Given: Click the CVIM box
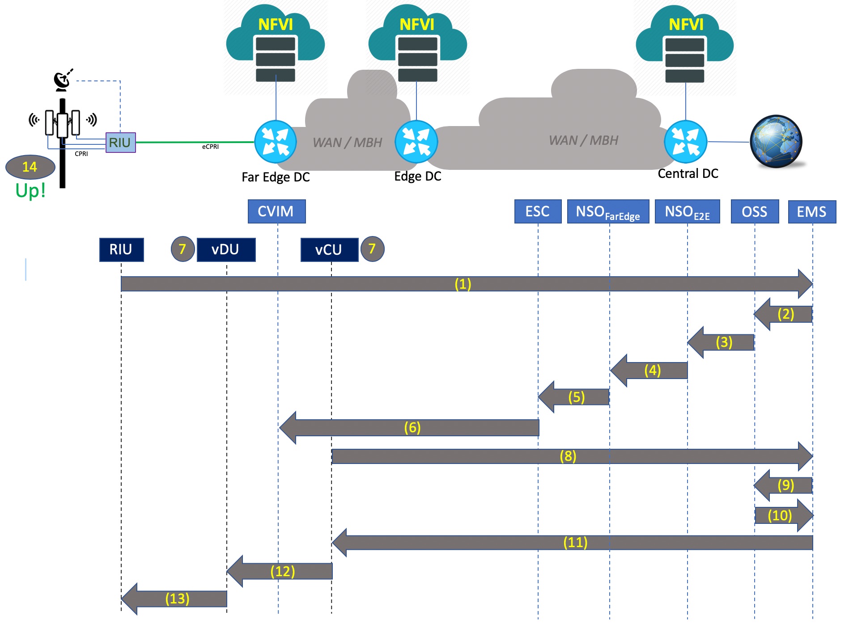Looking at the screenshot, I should tap(276, 211).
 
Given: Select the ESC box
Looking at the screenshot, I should tap(538, 211).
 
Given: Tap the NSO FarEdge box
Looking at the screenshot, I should tap(608, 211).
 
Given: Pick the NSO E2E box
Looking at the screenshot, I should tap(687, 211).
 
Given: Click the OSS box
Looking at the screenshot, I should tap(755, 211).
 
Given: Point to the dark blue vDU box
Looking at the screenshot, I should tap(226, 249).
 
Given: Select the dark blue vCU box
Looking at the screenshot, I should tap(329, 249).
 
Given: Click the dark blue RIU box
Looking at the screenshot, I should tap(121, 249).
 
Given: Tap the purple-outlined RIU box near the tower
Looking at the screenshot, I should tap(120, 143).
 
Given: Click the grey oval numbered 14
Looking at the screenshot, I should tap(30, 167).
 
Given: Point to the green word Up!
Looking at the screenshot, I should tap(30, 190).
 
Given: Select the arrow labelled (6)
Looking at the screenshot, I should tap(412, 428).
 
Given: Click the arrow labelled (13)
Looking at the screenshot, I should tap(177, 599).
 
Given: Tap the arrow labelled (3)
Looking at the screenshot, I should tap(722, 342).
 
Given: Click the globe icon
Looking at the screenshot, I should tap(776, 142).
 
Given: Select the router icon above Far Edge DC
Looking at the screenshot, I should tap(276, 142).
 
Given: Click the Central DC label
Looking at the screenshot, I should tap(688, 173).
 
